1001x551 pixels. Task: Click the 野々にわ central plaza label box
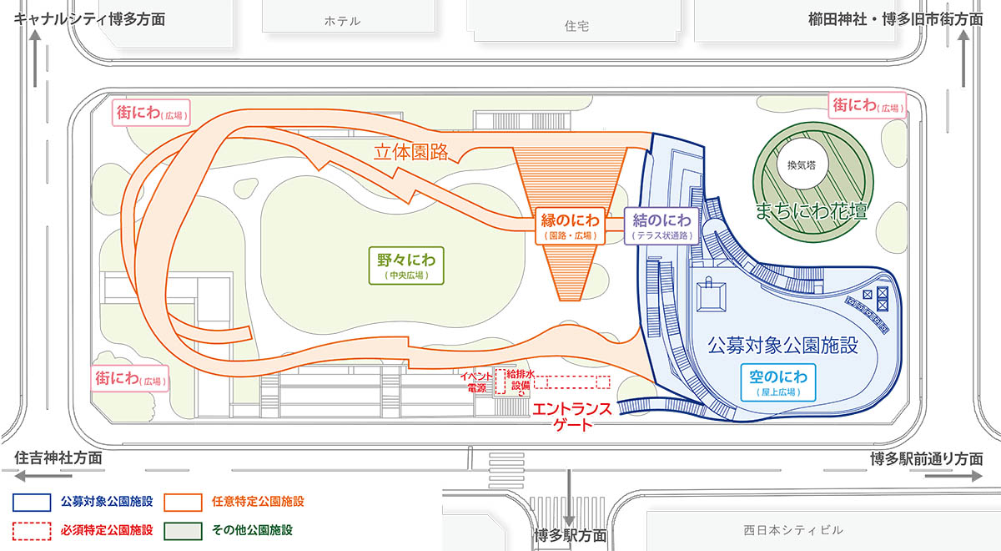(406, 265)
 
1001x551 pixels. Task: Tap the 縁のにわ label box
(570, 226)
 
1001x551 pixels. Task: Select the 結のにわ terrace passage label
(661, 226)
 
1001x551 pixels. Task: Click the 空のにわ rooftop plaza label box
(778, 382)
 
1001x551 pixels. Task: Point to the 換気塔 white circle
(802, 164)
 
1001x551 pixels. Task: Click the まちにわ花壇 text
(812, 211)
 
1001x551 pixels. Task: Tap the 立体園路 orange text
(410, 152)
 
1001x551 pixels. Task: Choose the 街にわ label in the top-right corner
(867, 105)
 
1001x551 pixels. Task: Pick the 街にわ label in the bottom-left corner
(129, 379)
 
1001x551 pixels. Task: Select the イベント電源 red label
(476, 382)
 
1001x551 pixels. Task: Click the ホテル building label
(342, 21)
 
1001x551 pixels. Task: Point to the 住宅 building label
(576, 26)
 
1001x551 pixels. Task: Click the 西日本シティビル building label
(793, 530)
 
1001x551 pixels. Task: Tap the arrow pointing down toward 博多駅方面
(568, 498)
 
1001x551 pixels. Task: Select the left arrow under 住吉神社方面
(43, 477)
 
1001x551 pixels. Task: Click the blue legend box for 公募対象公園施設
(32, 503)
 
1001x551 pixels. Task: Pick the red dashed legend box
(32, 531)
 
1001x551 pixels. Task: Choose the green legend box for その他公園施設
(183, 531)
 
